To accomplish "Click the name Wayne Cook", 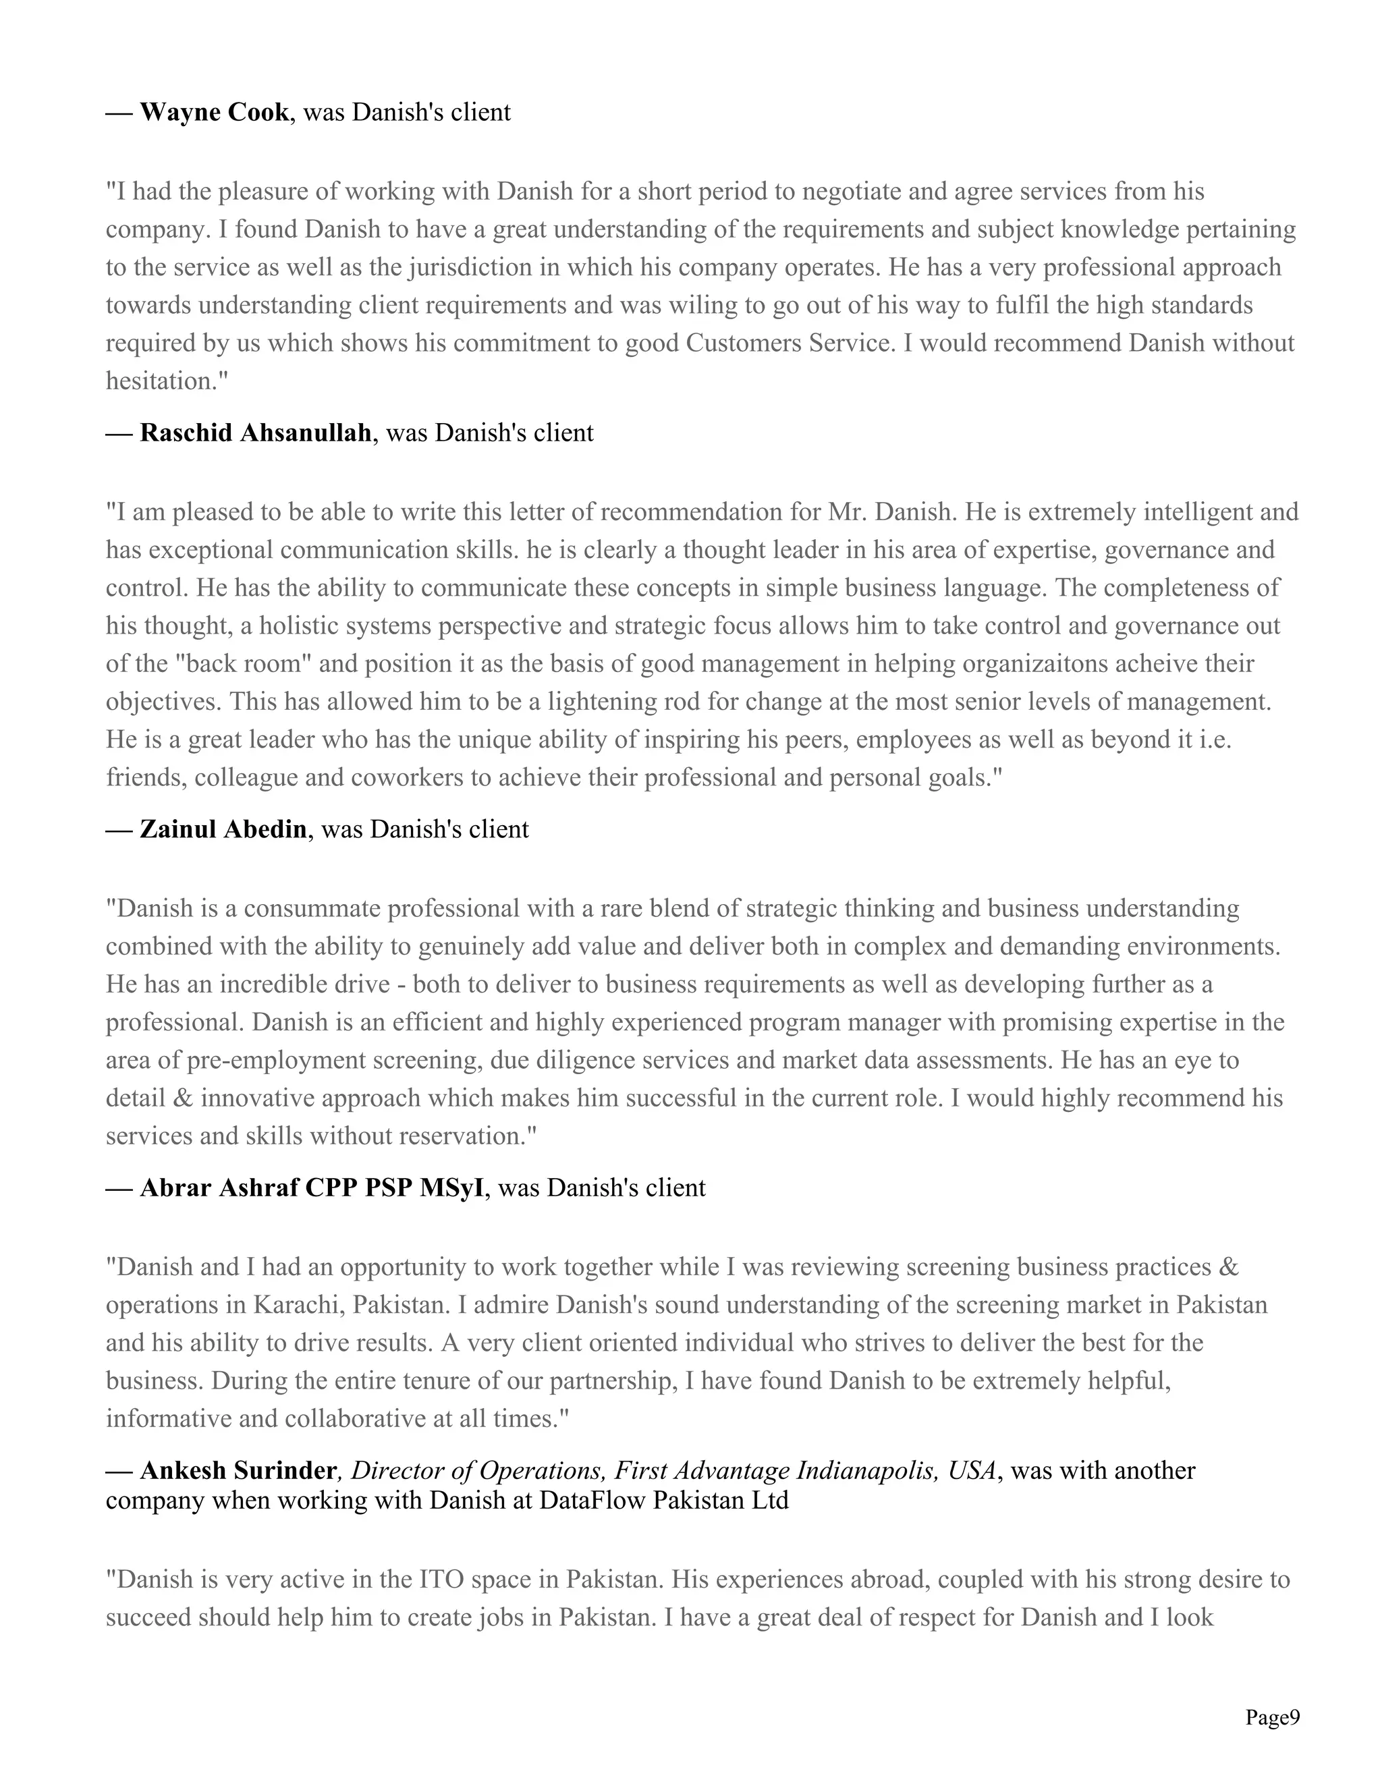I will pos(214,112).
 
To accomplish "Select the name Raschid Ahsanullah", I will pos(256,432).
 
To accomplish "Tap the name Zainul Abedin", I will pos(223,829).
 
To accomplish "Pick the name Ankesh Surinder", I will pos(238,1470).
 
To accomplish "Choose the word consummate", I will pos(311,908).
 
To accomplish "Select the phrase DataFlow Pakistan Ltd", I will pos(664,1501).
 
